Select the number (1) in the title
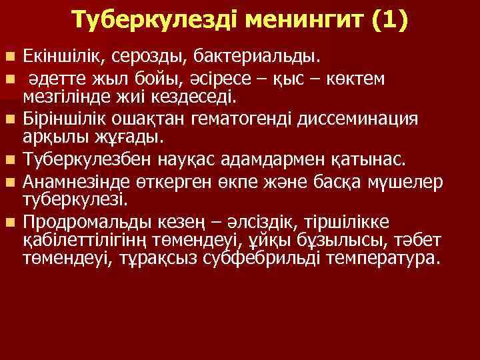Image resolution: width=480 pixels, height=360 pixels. pos(387,21)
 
